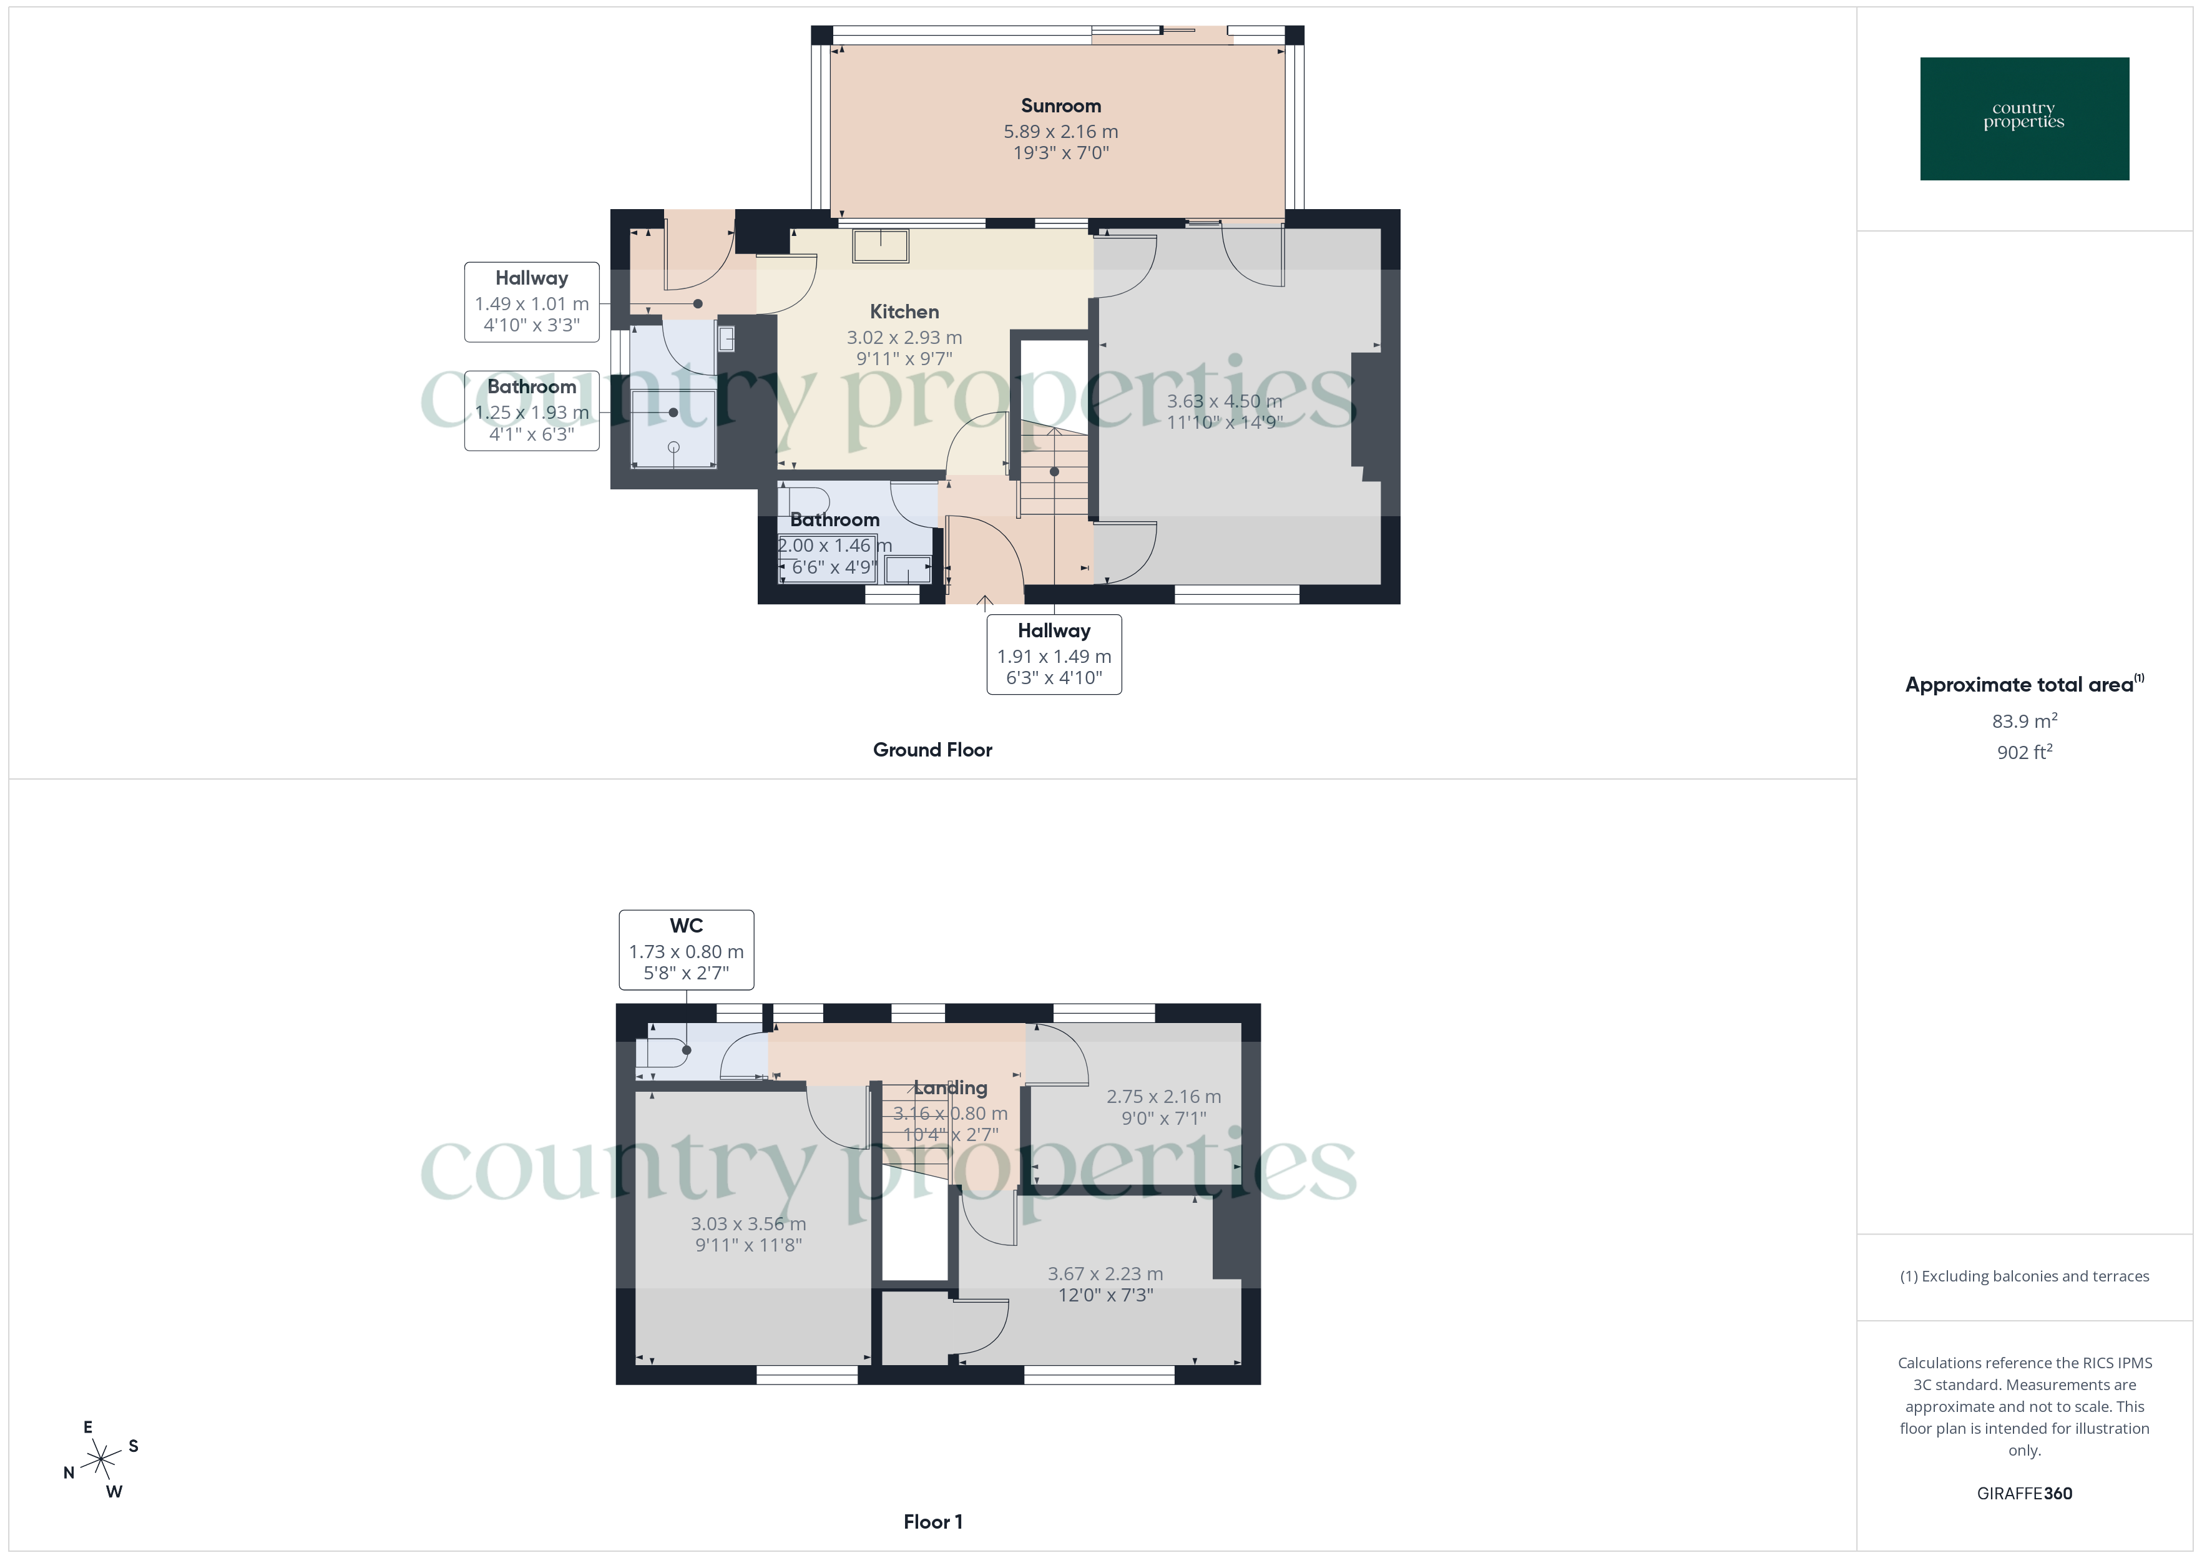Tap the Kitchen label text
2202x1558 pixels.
click(x=903, y=312)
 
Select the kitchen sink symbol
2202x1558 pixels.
click(x=881, y=245)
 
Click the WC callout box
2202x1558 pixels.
click(x=686, y=949)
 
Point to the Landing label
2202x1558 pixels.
click(x=951, y=1088)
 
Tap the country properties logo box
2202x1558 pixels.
click(x=2023, y=119)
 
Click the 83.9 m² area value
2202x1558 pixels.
click(x=2023, y=720)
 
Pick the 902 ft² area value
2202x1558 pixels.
click(x=2023, y=752)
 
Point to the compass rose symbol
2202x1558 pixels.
click(x=100, y=1460)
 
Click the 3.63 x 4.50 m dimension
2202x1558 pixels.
click(x=1224, y=401)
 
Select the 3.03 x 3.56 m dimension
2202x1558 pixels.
click(x=748, y=1224)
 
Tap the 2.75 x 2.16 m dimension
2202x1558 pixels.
click(x=1163, y=1097)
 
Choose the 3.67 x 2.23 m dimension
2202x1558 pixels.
click(x=1105, y=1274)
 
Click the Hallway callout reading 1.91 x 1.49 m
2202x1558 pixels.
click(x=1054, y=654)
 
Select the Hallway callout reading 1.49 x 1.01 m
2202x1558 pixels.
click(x=531, y=302)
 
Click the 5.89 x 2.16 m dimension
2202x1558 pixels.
click(x=1060, y=132)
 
